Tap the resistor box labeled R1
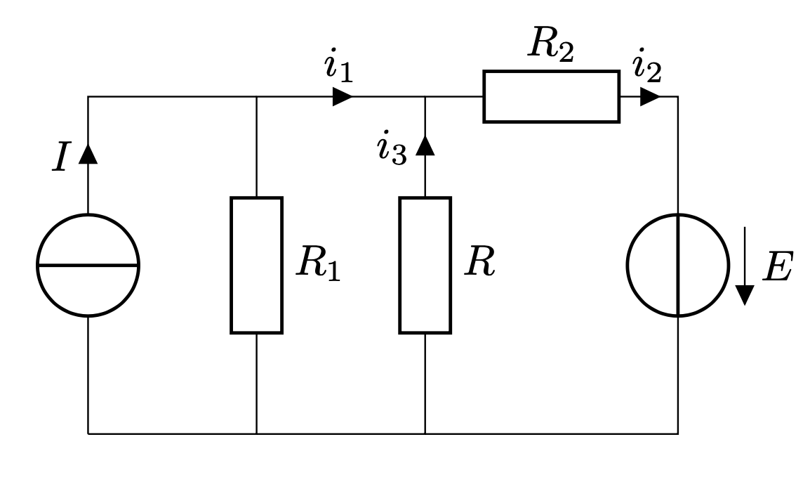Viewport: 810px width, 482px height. click(256, 265)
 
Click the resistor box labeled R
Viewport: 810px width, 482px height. click(425, 265)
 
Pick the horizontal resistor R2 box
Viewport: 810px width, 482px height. click(551, 96)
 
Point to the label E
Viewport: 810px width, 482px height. click(777, 268)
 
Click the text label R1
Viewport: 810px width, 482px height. click(317, 265)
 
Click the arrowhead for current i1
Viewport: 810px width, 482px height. click(343, 96)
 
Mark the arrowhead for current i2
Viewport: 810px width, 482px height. click(650, 96)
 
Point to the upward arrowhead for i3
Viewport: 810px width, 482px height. click(425, 145)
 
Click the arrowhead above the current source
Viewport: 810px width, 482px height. click(88, 153)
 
